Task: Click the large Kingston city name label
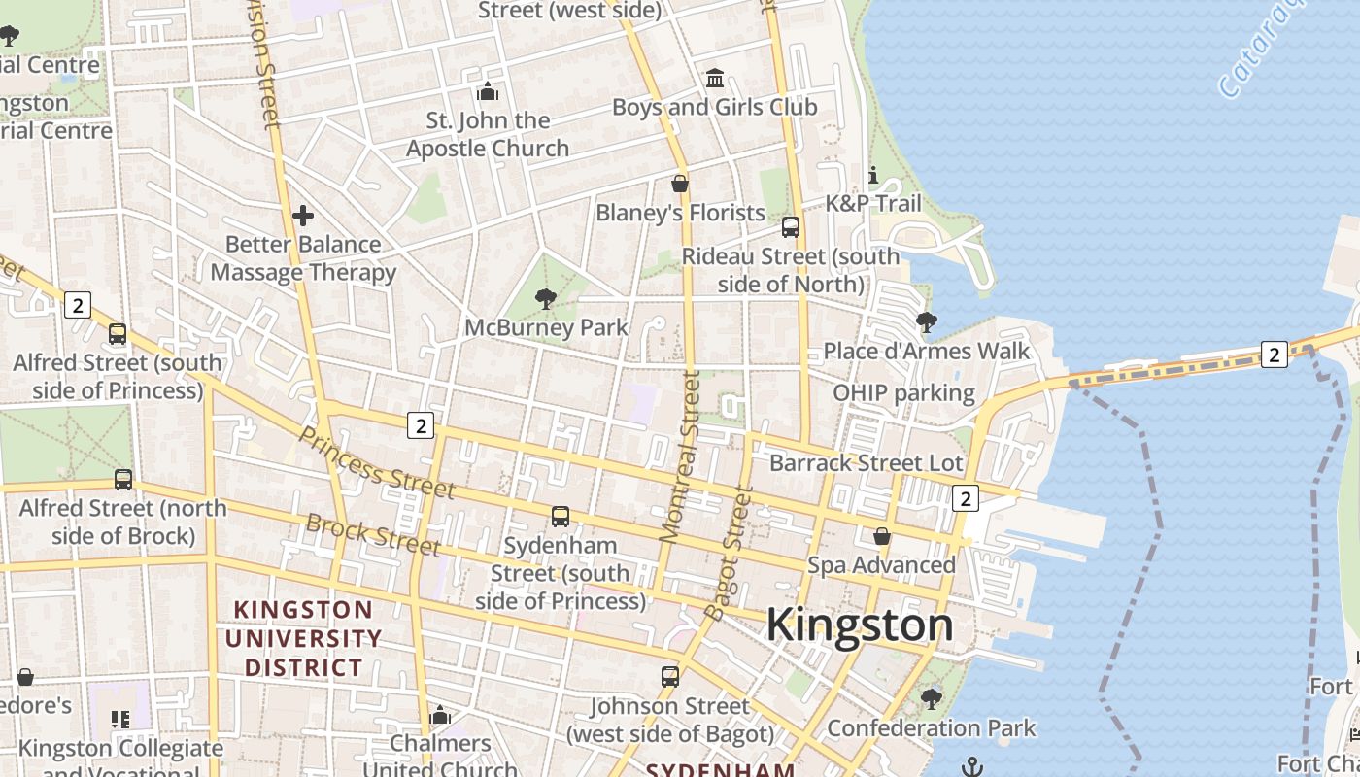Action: pyautogui.click(x=860, y=624)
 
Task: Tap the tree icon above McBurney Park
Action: pyautogui.click(x=546, y=298)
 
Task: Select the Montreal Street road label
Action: pyautogui.click(x=681, y=455)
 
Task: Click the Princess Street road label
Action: pyautogui.click(x=375, y=462)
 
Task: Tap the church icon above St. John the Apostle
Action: pyautogui.click(x=487, y=92)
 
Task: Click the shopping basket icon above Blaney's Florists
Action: pyautogui.click(x=680, y=183)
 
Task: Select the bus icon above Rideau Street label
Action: pyautogui.click(x=791, y=227)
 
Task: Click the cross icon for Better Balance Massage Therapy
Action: pyautogui.click(x=303, y=215)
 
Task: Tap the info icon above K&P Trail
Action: pyautogui.click(x=872, y=175)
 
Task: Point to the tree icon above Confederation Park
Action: pyautogui.click(x=931, y=697)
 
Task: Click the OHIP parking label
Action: pyautogui.click(x=903, y=392)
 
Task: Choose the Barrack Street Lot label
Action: pyautogui.click(x=866, y=463)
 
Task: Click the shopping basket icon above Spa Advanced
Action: pyautogui.click(x=881, y=535)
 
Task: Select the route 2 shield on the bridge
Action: pyautogui.click(x=1274, y=355)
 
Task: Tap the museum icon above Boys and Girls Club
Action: pyautogui.click(x=715, y=78)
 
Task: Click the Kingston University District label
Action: pyautogui.click(x=303, y=638)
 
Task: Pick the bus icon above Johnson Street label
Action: pyautogui.click(x=670, y=676)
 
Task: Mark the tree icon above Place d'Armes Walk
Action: pyautogui.click(x=927, y=321)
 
